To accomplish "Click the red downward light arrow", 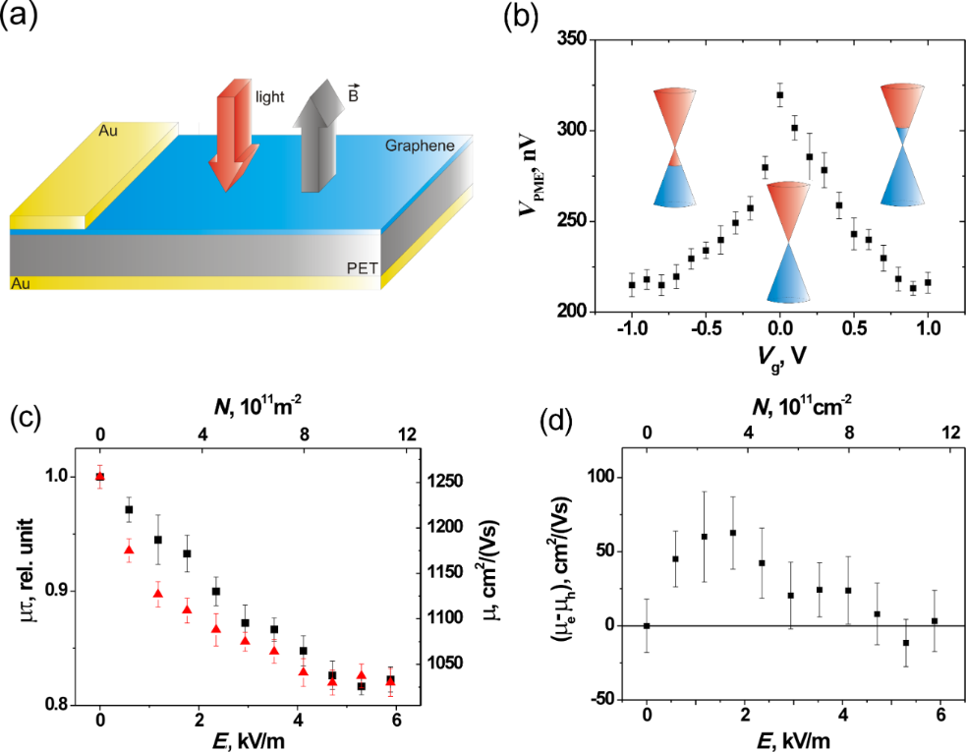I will pos(234,138).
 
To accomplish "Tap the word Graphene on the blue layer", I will pos(421,145).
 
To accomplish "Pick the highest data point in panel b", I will pos(779,95).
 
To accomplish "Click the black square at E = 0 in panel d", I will pos(647,625).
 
